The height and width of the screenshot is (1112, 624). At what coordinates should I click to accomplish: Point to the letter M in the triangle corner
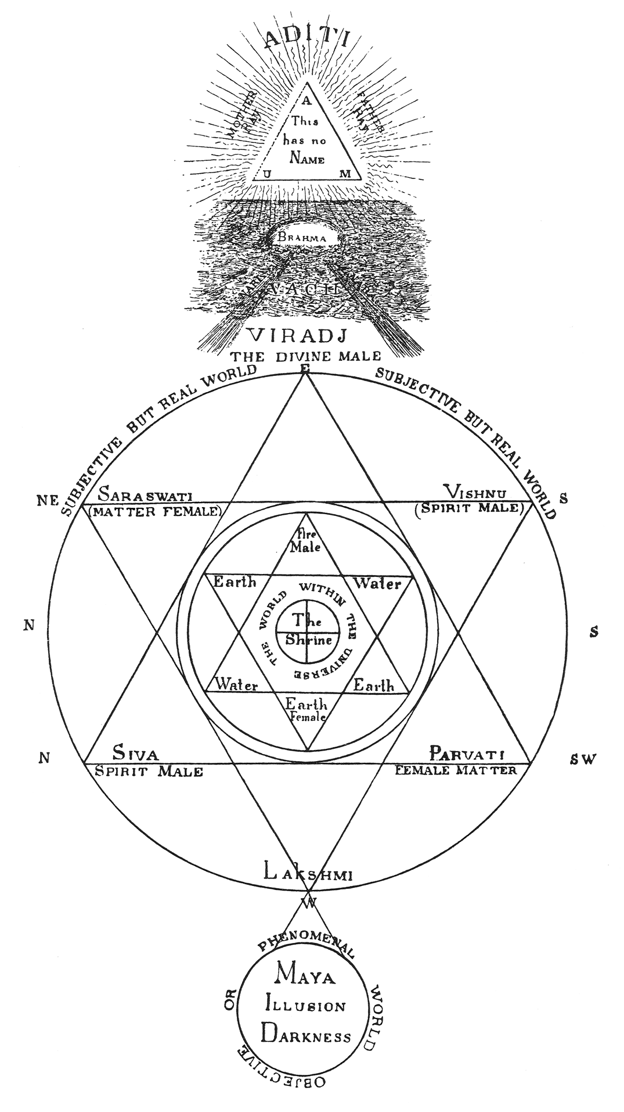(x=345, y=173)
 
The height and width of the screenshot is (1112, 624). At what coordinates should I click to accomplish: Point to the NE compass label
(x=48, y=500)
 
